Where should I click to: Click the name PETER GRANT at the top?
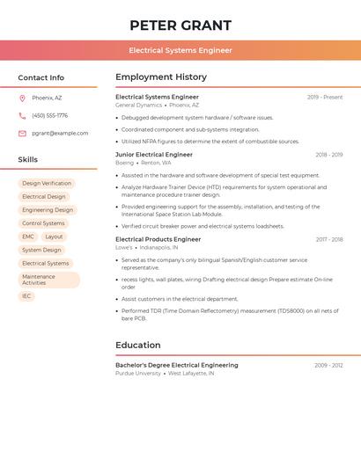[180, 25]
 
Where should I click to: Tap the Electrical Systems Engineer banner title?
[180, 50]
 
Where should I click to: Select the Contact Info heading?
[41, 77]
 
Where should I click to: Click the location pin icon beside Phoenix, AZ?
[22, 98]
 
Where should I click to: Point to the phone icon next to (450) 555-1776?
[22, 115]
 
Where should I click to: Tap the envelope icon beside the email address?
[22, 134]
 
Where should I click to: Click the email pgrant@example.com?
[60, 134]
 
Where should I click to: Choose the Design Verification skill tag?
[47, 184]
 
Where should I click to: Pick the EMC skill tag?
[28, 237]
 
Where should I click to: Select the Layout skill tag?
[54, 237]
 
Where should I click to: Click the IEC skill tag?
[26, 296]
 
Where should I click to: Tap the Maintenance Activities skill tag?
[48, 280]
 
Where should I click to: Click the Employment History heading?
[161, 77]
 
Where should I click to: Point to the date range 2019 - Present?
[325, 98]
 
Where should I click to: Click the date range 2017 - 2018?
[329, 239]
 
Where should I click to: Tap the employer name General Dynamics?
[138, 106]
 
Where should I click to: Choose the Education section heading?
[138, 346]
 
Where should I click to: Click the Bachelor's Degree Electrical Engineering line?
[177, 365]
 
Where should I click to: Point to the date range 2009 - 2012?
[328, 365]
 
